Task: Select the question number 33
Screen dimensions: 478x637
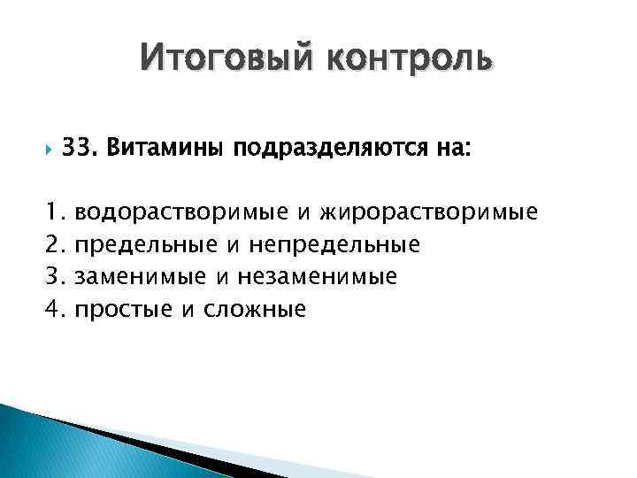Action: (x=77, y=150)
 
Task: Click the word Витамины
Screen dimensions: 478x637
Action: (x=164, y=150)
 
